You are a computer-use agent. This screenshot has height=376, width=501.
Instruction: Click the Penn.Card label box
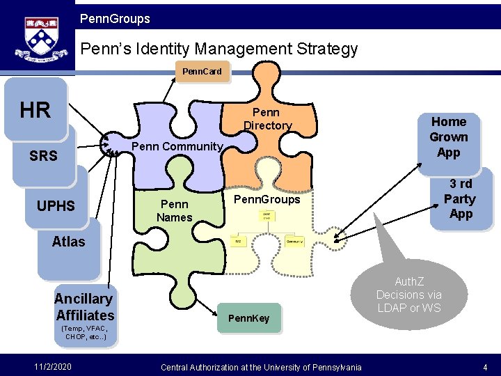click(x=202, y=72)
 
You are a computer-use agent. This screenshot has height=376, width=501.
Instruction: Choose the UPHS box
click(x=56, y=206)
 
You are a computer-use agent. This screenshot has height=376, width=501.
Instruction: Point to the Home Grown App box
click(x=449, y=137)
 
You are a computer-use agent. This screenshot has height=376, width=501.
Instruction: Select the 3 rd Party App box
click(x=461, y=198)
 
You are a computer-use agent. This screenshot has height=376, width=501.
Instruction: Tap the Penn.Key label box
click(x=249, y=318)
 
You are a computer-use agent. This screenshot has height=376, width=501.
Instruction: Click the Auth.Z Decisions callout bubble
click(x=408, y=294)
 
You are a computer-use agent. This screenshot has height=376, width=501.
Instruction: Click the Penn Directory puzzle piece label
click(x=267, y=119)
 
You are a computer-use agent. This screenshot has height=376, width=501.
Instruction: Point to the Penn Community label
click(x=177, y=147)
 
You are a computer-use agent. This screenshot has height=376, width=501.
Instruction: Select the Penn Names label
click(x=174, y=210)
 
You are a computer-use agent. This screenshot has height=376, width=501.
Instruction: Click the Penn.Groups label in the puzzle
click(x=267, y=199)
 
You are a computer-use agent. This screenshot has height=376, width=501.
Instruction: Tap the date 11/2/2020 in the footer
click(x=51, y=366)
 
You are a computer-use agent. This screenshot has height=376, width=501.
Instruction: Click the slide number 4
click(x=484, y=366)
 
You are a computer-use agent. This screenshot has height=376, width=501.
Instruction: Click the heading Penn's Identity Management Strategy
click(x=219, y=49)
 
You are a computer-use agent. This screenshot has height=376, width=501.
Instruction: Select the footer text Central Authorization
click(x=261, y=367)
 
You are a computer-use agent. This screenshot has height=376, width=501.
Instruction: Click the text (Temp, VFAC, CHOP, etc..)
click(x=85, y=332)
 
